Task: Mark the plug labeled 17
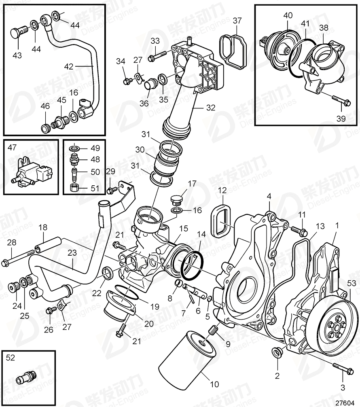coord(176,200)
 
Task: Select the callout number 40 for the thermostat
coord(288,15)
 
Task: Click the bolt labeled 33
coord(158,56)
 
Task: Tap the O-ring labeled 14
coord(191,266)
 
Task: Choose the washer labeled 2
coord(277,352)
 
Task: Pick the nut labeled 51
coord(74,187)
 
